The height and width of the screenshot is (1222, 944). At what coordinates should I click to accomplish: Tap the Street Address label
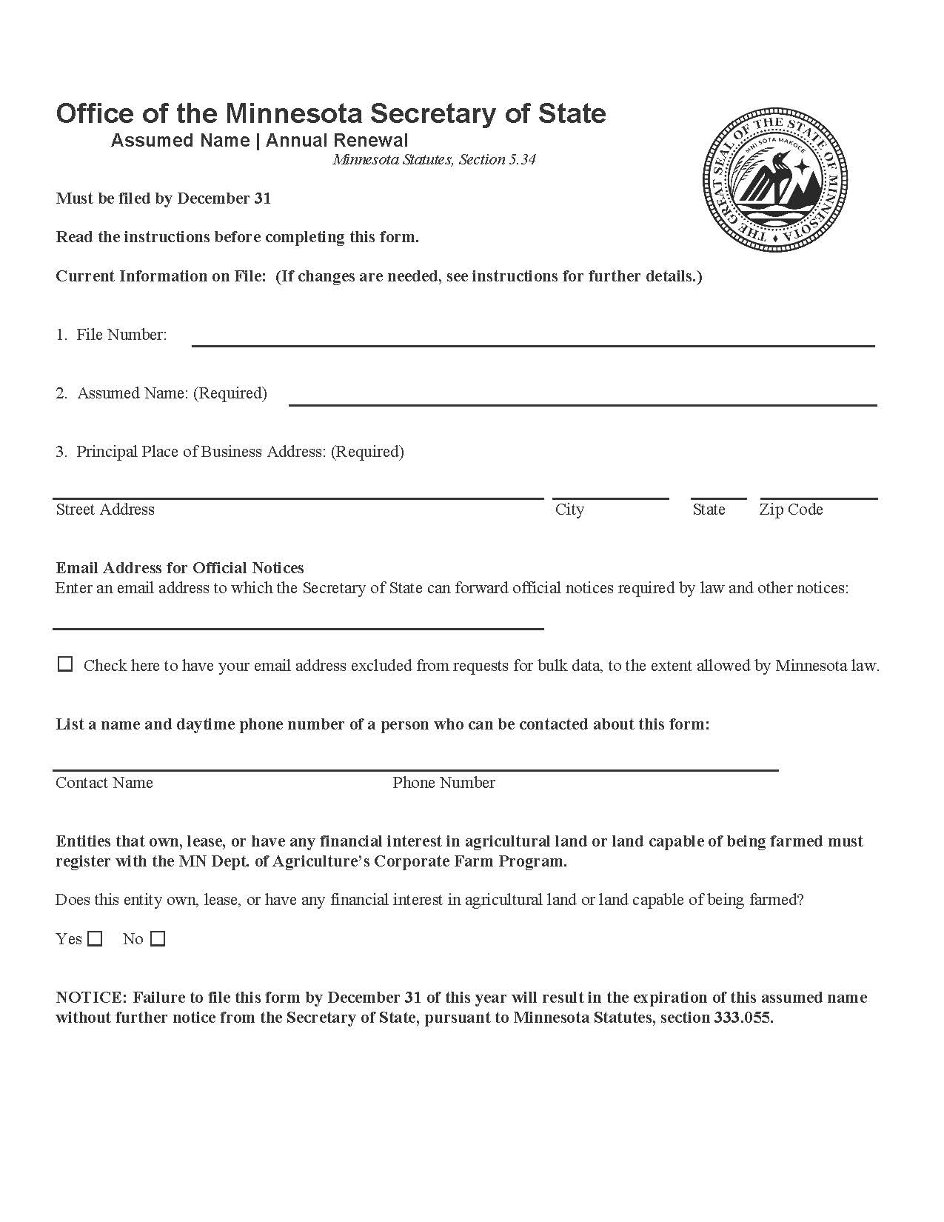(x=105, y=510)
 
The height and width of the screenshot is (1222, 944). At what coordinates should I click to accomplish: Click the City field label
(x=569, y=510)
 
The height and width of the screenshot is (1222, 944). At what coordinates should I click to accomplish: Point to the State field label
(x=709, y=510)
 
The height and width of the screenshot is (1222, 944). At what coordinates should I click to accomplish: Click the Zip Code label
(x=791, y=510)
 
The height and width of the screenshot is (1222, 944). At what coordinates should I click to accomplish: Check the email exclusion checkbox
(x=65, y=664)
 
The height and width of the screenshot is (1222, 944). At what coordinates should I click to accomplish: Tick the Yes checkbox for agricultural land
(x=95, y=939)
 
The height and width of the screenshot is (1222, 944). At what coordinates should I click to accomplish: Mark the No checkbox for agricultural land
(x=158, y=939)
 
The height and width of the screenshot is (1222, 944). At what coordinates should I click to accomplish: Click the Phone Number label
(x=443, y=783)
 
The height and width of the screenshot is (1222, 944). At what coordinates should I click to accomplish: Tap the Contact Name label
(x=104, y=783)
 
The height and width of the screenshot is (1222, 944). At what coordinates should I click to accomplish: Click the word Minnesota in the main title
(x=294, y=113)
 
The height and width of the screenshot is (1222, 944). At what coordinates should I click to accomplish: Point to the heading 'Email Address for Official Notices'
(x=180, y=568)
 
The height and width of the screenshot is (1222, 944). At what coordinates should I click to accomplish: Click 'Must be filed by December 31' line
(x=164, y=198)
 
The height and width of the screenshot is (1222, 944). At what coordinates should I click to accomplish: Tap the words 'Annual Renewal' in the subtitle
(x=337, y=140)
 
